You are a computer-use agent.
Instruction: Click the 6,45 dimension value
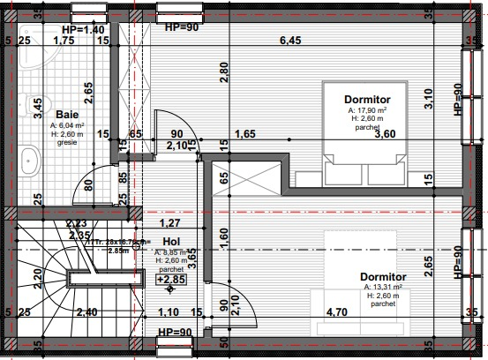click(x=291, y=40)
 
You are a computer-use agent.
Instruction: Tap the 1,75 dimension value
click(x=63, y=41)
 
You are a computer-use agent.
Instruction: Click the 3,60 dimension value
click(x=386, y=134)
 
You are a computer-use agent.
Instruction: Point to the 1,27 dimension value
click(x=169, y=223)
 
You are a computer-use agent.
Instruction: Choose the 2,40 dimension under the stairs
click(x=86, y=312)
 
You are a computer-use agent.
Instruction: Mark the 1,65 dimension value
click(x=244, y=134)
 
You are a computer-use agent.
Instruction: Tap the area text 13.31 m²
click(x=383, y=287)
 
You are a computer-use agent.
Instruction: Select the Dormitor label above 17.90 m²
click(x=367, y=101)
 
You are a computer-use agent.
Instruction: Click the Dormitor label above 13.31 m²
click(x=383, y=276)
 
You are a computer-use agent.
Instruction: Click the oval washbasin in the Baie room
click(x=31, y=161)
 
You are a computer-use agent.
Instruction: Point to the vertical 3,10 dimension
click(x=429, y=99)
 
